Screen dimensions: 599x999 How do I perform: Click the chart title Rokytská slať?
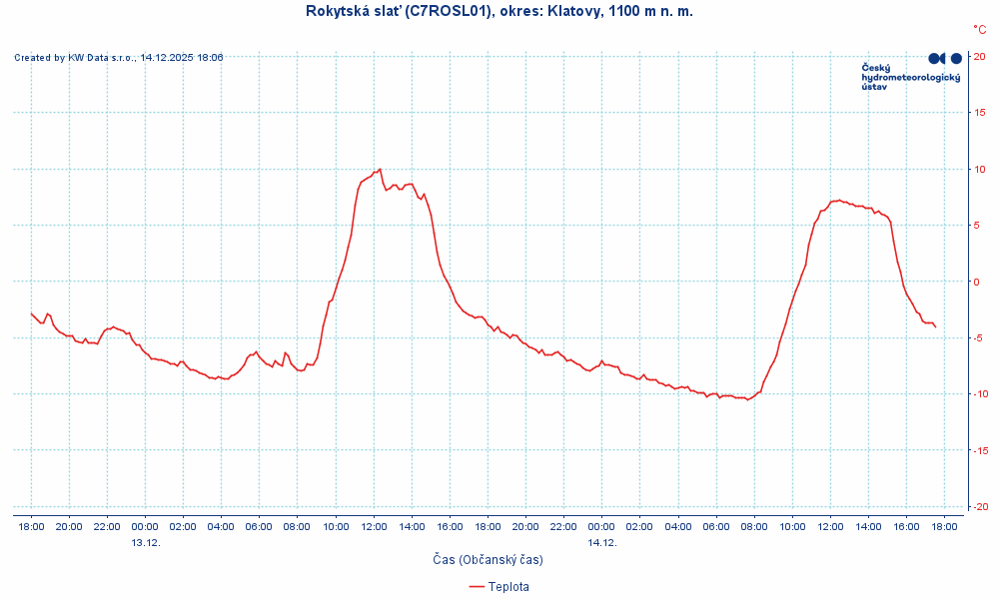(499, 11)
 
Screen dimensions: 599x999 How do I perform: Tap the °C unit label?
(979, 30)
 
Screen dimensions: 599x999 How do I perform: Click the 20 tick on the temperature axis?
(980, 56)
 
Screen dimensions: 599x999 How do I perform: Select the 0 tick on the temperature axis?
(977, 282)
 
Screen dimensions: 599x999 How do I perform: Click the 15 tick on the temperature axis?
(980, 113)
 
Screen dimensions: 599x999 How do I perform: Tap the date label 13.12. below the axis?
(146, 543)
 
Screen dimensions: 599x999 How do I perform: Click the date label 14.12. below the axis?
(602, 543)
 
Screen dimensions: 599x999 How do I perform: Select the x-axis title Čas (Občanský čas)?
(488, 560)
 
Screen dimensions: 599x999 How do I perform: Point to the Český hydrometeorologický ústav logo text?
(910, 77)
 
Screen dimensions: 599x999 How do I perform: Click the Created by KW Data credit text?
(119, 58)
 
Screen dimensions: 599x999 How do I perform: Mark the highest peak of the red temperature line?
(381, 170)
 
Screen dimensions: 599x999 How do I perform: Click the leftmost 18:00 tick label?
(31, 526)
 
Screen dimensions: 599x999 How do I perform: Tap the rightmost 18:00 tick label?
(944, 526)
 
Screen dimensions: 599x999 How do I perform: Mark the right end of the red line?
(936, 327)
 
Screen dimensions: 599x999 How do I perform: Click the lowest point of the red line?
(747, 400)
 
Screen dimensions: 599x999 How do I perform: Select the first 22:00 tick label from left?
(107, 526)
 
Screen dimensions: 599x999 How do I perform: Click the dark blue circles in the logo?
(945, 59)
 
